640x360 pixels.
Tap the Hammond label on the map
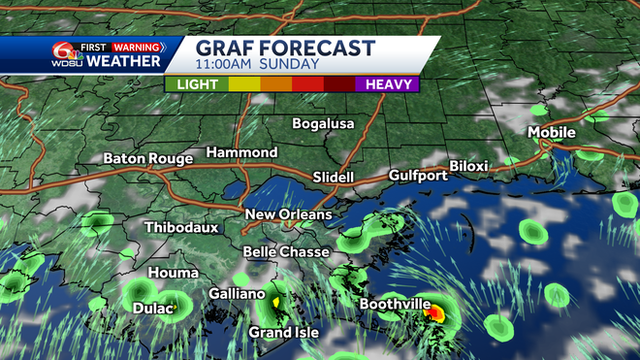(x=241, y=152)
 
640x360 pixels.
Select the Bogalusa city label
(x=324, y=123)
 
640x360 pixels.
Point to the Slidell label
(x=335, y=177)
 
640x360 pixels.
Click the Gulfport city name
(x=417, y=176)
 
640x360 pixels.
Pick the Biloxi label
(x=468, y=166)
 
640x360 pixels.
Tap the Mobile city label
(x=551, y=132)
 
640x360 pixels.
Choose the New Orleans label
(x=288, y=214)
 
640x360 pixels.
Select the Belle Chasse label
(x=284, y=251)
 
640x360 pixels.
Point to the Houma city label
(x=174, y=273)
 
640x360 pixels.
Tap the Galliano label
(x=237, y=294)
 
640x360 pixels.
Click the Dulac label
(x=153, y=309)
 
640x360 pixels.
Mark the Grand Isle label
(x=283, y=333)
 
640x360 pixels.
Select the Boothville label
(x=395, y=304)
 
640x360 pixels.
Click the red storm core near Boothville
(x=437, y=313)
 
